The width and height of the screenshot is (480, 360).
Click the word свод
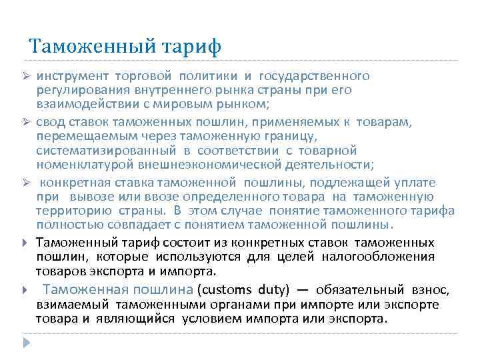click(x=49, y=122)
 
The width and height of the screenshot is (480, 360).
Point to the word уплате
click(x=435, y=182)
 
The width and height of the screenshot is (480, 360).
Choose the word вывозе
click(x=89, y=197)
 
